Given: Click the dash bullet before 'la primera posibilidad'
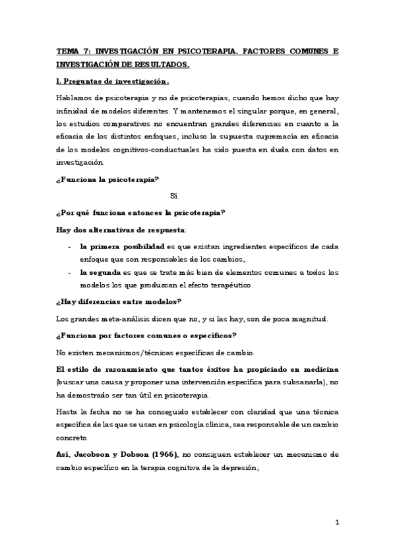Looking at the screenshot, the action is (x=70, y=246).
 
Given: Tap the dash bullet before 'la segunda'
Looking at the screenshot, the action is (x=70, y=272).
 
